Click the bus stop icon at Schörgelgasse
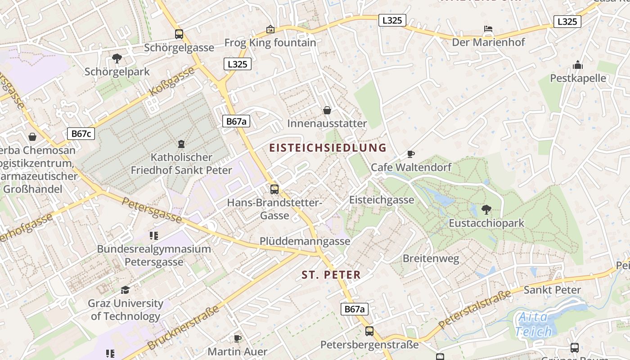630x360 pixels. (x=179, y=34)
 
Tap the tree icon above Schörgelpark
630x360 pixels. (x=117, y=58)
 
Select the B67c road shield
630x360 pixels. (x=81, y=134)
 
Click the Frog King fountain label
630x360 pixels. (x=270, y=43)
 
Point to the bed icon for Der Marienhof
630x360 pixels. (x=488, y=29)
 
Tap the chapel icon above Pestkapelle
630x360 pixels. (x=578, y=65)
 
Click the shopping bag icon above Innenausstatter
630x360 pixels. (x=327, y=110)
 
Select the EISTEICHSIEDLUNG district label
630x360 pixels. (x=328, y=148)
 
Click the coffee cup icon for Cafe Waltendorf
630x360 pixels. (x=410, y=154)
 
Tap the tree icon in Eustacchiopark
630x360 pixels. (x=486, y=209)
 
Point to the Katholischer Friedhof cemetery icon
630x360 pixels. (x=181, y=144)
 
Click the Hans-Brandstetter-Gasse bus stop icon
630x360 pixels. (x=274, y=189)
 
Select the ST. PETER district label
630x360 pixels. (x=331, y=275)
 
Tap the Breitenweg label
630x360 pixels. (x=431, y=259)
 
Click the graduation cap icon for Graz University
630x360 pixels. (x=125, y=290)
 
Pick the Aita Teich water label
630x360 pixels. (x=533, y=324)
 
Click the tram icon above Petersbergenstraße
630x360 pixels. (x=369, y=331)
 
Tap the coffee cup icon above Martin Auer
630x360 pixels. (x=237, y=338)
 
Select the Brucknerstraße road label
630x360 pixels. (x=183, y=328)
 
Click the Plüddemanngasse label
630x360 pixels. (x=305, y=242)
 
